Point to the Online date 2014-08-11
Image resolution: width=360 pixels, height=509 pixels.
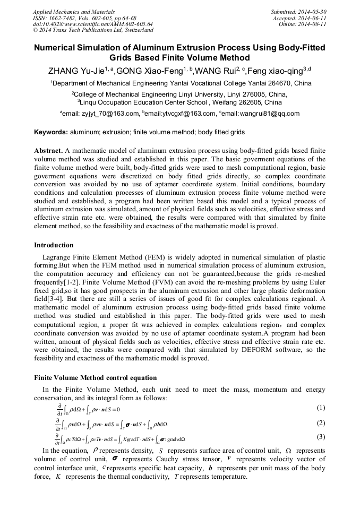point(313,24)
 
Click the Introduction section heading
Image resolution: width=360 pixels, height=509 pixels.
point(54,245)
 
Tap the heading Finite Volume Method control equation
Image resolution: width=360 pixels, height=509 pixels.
point(95,378)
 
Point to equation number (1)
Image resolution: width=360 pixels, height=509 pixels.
point(320,408)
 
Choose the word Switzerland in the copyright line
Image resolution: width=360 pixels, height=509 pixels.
point(135,30)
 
